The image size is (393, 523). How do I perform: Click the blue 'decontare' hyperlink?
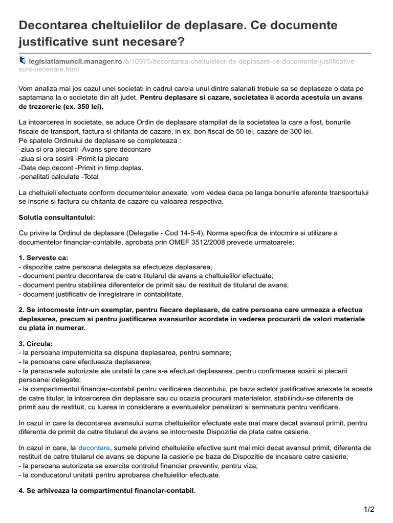click(94, 447)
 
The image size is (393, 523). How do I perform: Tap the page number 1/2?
click(369, 509)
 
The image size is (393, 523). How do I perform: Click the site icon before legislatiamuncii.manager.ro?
click(21, 61)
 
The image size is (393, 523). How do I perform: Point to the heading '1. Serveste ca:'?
click(43, 257)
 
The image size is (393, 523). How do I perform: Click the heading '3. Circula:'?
click(36, 343)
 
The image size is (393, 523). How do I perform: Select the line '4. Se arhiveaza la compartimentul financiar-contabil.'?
click(107, 490)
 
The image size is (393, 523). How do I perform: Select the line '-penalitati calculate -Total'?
click(58, 177)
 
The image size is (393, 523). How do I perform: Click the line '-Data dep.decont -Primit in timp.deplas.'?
click(80, 168)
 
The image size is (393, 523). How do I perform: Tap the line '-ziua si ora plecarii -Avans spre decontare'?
click(84, 149)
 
